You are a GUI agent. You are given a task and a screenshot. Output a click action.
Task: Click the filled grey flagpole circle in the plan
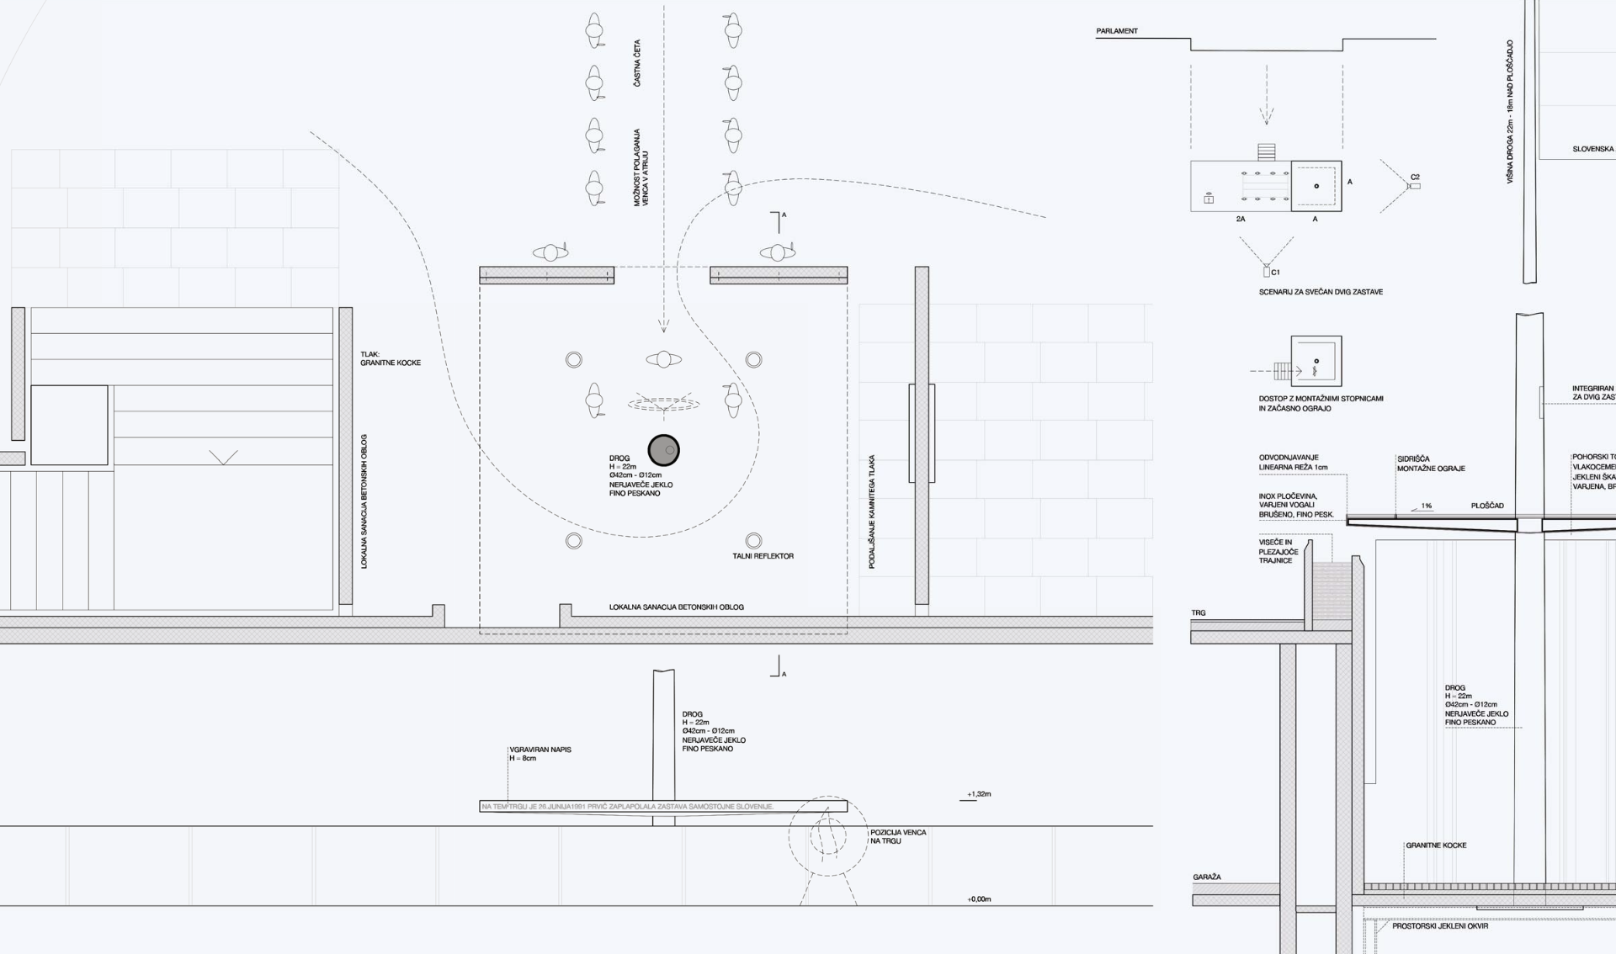point(663,450)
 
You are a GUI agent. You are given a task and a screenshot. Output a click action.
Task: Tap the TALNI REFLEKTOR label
point(763,556)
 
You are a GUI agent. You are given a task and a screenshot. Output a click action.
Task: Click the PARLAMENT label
point(1116,31)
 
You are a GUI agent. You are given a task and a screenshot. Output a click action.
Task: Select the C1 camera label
point(1275,273)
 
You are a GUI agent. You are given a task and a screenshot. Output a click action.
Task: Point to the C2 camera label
point(1415,178)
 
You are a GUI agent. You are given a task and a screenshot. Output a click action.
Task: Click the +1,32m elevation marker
point(979,794)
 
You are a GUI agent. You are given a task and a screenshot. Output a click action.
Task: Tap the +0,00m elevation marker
point(979,899)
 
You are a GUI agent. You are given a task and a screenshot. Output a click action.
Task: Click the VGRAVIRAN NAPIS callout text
point(540,754)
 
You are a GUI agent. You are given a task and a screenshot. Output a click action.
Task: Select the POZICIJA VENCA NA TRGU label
point(898,836)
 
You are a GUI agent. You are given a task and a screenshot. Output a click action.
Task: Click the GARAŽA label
point(1206,877)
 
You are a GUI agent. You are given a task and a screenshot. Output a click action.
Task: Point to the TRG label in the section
point(1199,612)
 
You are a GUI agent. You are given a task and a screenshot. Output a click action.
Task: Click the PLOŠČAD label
point(1487,506)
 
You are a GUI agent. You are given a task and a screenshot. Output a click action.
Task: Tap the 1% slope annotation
point(1426,506)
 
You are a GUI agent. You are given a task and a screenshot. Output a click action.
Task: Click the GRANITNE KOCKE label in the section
point(1436,845)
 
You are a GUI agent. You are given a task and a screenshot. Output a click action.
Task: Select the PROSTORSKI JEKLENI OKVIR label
point(1440,926)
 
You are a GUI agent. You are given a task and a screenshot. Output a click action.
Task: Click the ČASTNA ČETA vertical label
point(637,63)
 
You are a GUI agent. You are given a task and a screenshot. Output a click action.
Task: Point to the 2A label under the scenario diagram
point(1241,220)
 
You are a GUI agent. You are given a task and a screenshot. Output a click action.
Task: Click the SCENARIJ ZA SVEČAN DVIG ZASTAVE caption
point(1321,292)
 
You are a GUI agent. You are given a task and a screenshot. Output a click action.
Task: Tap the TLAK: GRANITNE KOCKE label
point(391,358)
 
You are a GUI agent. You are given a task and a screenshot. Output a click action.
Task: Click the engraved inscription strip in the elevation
point(627,807)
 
